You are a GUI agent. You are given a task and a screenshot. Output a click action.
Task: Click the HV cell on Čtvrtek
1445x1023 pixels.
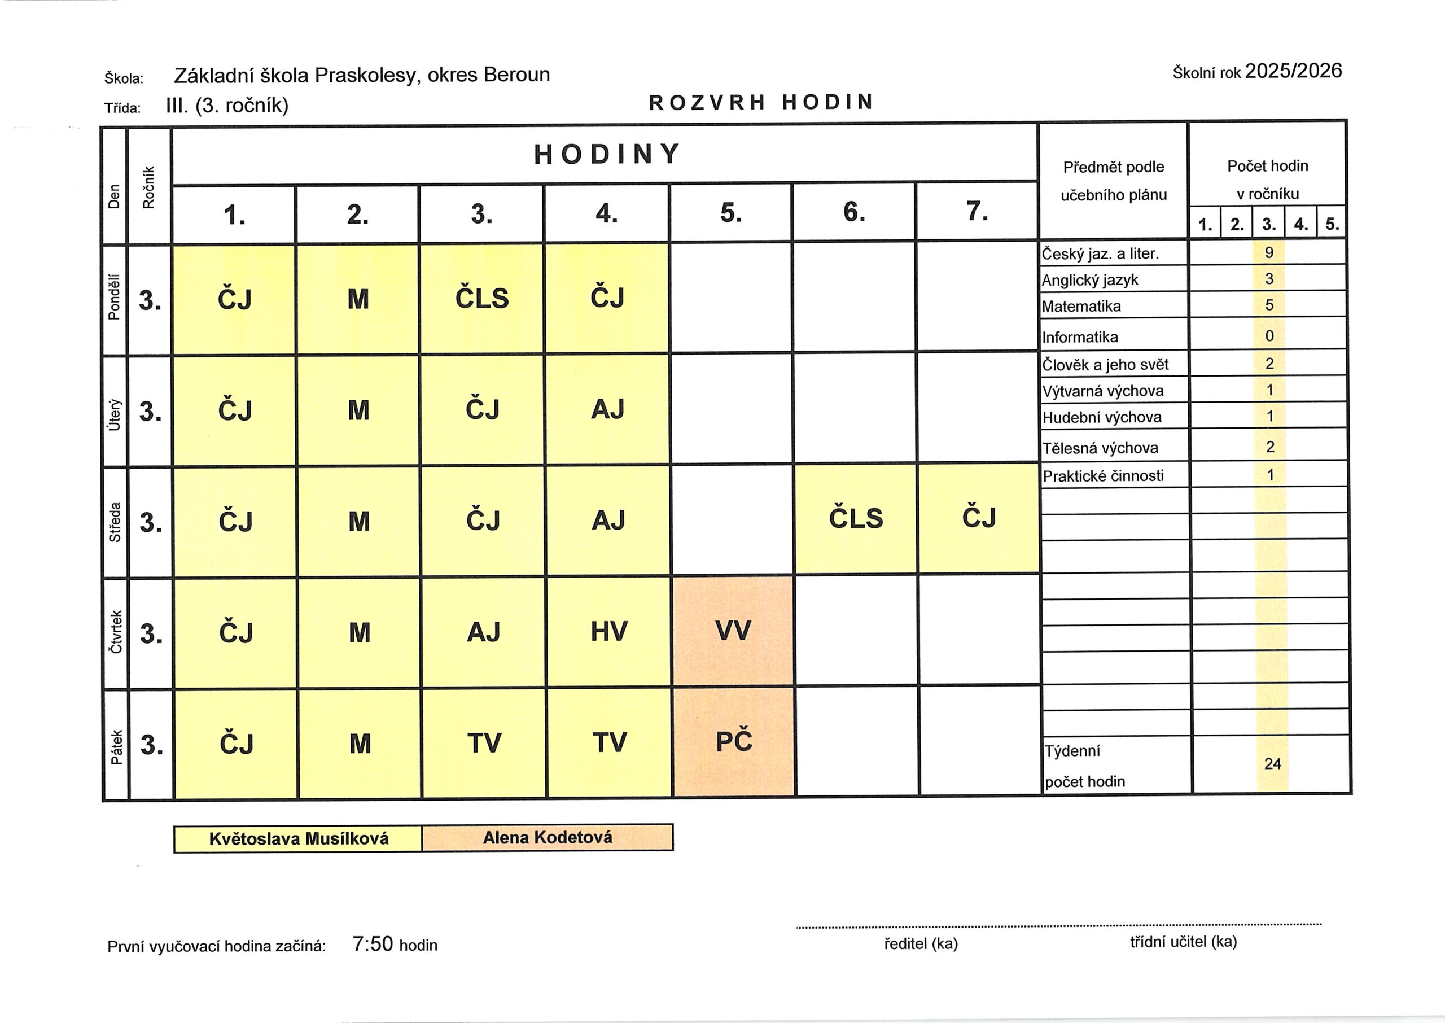pyautogui.click(x=608, y=631)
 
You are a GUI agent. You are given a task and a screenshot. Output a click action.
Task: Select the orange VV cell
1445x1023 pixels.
pyautogui.click(x=733, y=630)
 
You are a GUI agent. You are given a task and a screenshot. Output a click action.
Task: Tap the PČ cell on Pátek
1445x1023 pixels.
pyautogui.click(x=734, y=741)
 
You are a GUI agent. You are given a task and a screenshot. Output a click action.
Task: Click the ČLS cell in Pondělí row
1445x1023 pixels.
pyautogui.click(x=481, y=298)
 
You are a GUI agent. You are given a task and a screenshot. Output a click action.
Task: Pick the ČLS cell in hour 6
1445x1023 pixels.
pyautogui.click(x=856, y=518)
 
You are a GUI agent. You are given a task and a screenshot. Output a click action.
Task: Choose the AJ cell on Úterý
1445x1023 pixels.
pyautogui.click(x=607, y=409)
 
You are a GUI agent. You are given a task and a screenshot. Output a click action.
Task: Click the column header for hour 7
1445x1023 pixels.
pyautogui.click(x=977, y=212)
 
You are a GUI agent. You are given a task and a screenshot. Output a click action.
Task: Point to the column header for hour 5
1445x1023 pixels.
pyautogui.click(x=731, y=213)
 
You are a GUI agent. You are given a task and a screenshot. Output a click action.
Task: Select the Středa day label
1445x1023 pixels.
pyautogui.click(x=115, y=522)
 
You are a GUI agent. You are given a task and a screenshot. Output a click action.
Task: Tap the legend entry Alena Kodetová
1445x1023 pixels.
pyautogui.click(x=547, y=838)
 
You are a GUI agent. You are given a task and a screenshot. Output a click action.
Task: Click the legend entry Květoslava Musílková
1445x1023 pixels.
pyautogui.click(x=299, y=839)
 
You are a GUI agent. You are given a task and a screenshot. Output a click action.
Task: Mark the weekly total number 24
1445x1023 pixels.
pyautogui.click(x=1272, y=763)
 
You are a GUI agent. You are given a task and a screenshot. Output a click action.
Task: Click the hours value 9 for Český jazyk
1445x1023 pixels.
pyautogui.click(x=1269, y=252)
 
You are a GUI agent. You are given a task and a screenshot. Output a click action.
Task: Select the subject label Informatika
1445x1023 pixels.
pyautogui.click(x=1080, y=337)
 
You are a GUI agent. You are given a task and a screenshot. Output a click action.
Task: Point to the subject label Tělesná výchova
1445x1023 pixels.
pyautogui.click(x=1100, y=448)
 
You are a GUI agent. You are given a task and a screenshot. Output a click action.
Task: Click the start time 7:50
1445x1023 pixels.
pyautogui.click(x=373, y=943)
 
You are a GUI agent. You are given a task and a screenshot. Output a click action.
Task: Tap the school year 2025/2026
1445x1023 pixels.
pyautogui.click(x=1293, y=71)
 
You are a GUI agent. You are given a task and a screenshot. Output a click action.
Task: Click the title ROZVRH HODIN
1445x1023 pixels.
pyautogui.click(x=761, y=102)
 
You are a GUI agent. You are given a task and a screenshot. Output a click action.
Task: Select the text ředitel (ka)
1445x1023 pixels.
pyautogui.click(x=921, y=943)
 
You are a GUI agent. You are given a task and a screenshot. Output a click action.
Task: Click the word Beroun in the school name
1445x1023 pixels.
pyautogui.click(x=516, y=75)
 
